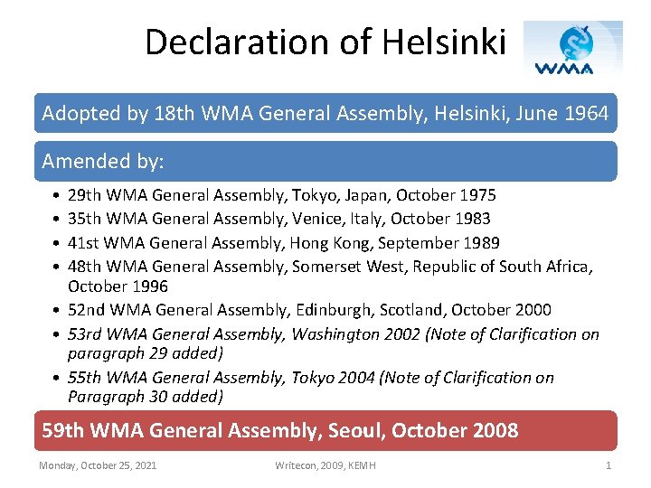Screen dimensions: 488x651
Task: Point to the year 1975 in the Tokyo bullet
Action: coord(477,195)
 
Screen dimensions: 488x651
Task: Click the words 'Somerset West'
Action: coord(340,266)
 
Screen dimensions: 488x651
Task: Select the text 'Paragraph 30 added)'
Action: coord(146,396)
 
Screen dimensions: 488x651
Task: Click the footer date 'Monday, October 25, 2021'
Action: coord(98,465)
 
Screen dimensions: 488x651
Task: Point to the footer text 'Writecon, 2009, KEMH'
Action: coord(325,465)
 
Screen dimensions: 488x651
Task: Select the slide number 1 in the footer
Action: coord(608,465)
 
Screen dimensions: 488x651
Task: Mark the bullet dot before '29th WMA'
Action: coord(56,195)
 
